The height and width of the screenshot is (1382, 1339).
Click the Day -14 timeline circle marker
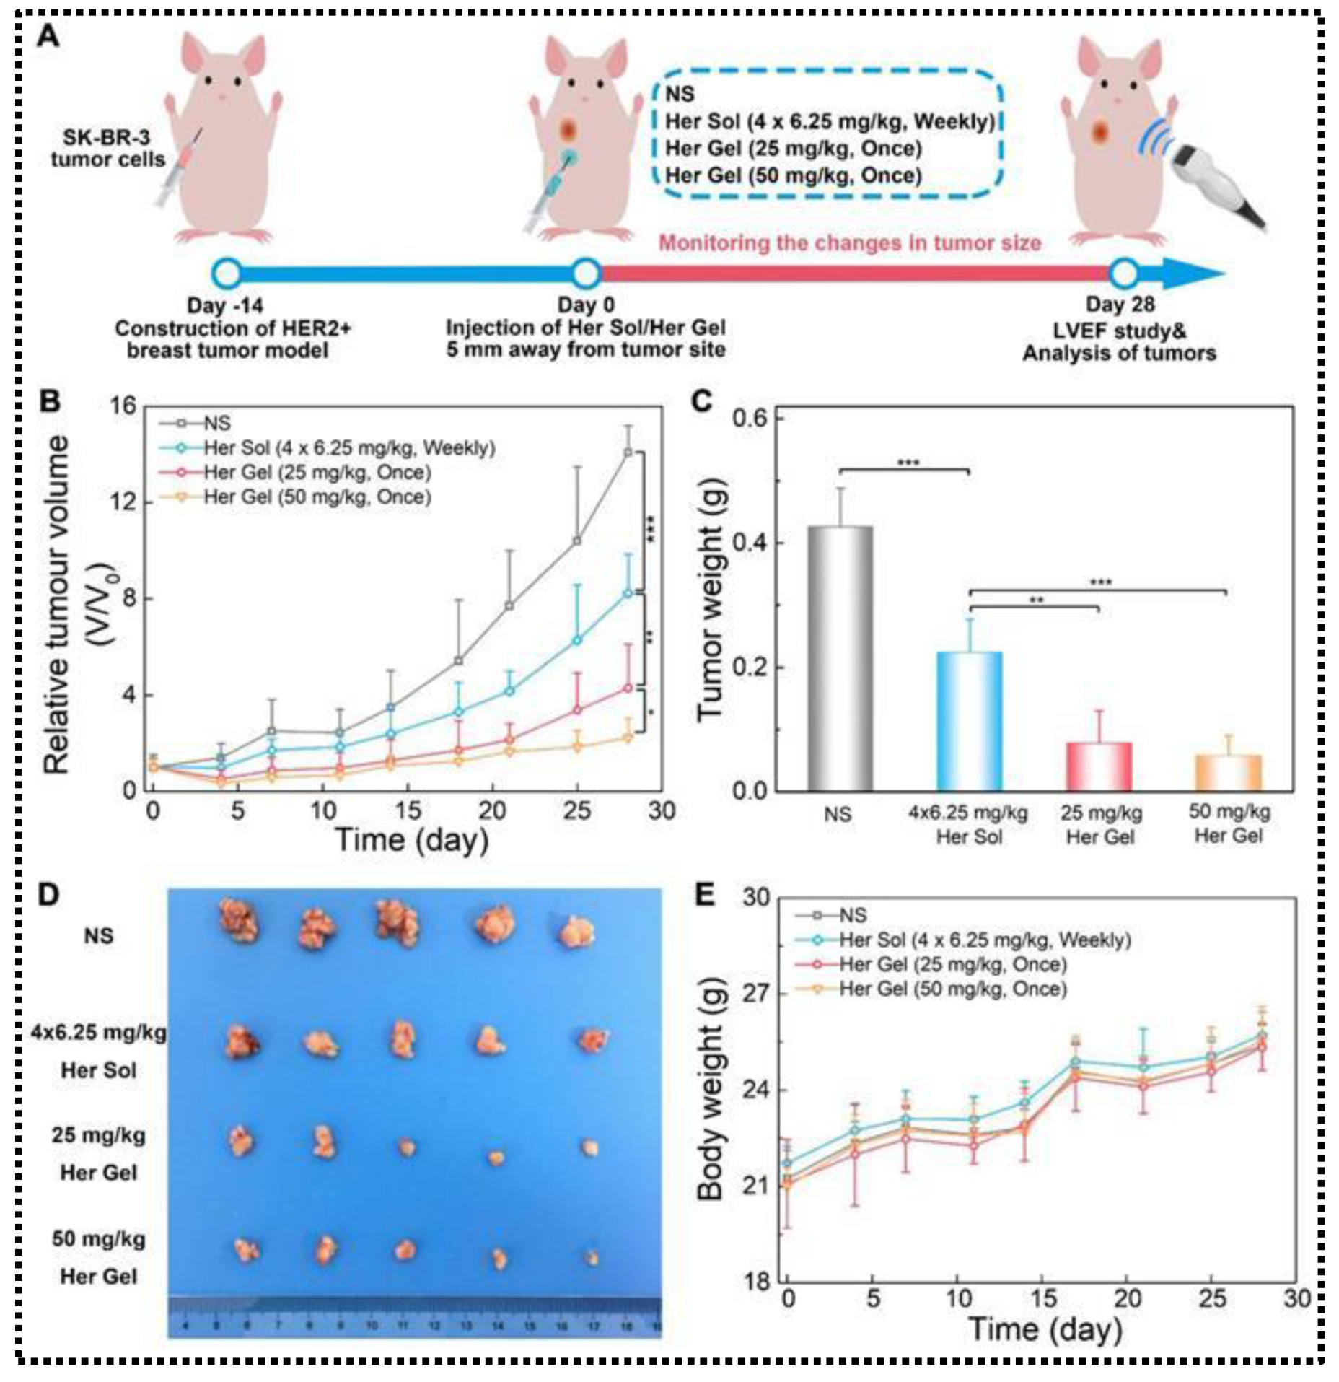coord(227,274)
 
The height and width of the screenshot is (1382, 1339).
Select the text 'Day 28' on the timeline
coord(1120,305)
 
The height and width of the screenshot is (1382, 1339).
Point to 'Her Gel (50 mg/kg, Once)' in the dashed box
coord(793,175)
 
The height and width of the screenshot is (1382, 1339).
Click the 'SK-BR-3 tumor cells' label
coord(107,148)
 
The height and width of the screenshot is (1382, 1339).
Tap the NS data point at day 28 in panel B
coord(628,452)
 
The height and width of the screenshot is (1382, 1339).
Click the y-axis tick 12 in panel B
coord(123,502)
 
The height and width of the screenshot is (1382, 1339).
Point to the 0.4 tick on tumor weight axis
coord(750,543)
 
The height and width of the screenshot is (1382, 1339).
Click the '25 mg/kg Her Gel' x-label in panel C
coord(1100,826)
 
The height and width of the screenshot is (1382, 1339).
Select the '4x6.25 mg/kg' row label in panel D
coord(98,1033)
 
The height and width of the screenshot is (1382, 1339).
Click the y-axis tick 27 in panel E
coord(757,994)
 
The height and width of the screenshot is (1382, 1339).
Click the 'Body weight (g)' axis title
coord(711,1089)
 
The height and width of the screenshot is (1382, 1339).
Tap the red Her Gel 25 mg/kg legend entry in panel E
coord(952,965)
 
